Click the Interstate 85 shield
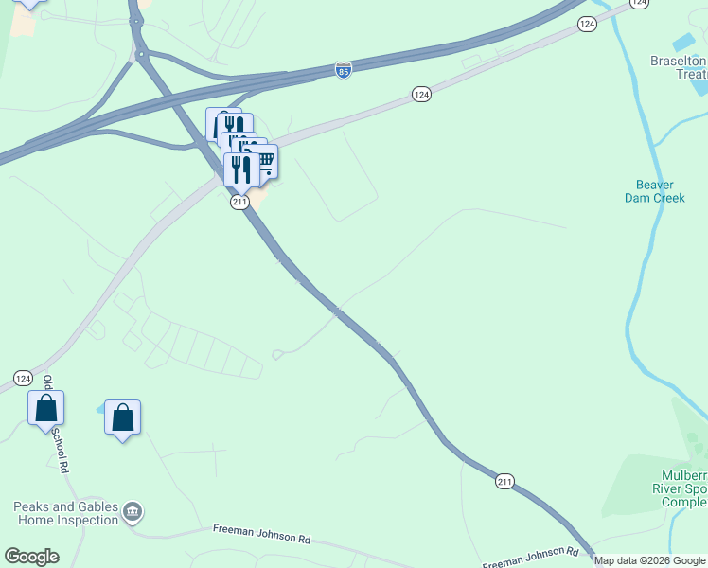tap(344, 70)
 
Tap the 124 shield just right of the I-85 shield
tap(421, 94)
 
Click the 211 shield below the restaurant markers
tap(239, 202)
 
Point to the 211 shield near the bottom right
tap(504, 482)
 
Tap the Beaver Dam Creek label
tap(654, 191)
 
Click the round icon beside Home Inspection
tap(133, 512)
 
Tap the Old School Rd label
tap(55, 425)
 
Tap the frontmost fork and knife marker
tap(241, 170)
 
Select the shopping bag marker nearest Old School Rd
tap(45, 409)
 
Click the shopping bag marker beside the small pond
tap(123, 417)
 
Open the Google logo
tap(31, 557)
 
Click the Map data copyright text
tap(650, 560)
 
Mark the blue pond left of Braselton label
tap(682, 43)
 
